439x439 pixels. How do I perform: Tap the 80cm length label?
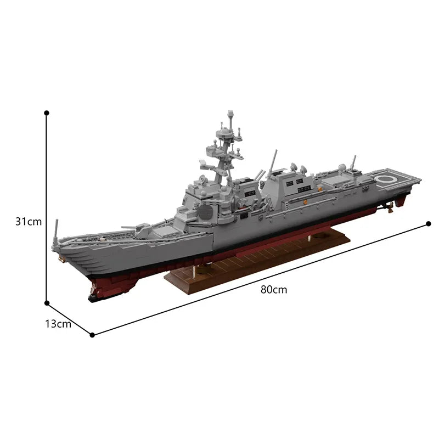(x=274, y=290)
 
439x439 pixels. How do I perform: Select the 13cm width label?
(x=58, y=324)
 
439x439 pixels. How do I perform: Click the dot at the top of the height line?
(x=47, y=112)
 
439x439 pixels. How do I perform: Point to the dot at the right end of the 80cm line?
(x=429, y=224)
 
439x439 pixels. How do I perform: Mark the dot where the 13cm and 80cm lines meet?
(x=92, y=334)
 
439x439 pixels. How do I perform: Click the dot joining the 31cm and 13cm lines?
(x=47, y=302)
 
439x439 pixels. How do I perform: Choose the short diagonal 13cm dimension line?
(x=69, y=318)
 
